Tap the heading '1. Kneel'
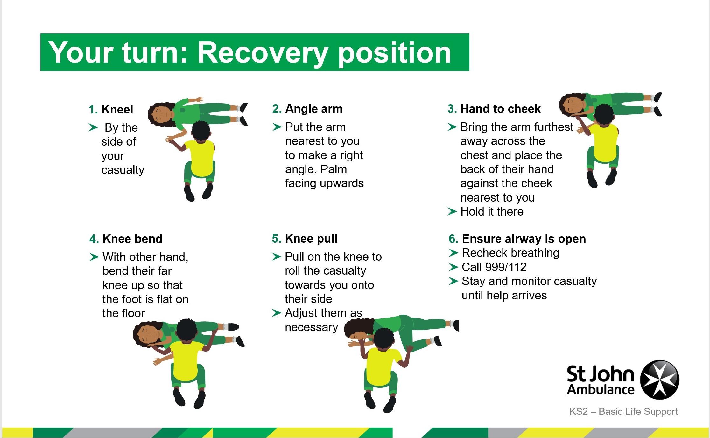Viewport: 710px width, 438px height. point(111,110)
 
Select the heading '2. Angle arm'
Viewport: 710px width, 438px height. point(307,109)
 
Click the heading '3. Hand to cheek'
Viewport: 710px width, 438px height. point(494,109)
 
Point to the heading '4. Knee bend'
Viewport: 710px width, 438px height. point(126,239)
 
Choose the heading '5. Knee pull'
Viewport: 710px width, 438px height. point(305,238)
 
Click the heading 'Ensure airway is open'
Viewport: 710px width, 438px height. point(524,239)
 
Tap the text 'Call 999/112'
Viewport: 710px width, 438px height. point(494,267)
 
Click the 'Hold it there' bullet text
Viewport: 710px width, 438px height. point(492,211)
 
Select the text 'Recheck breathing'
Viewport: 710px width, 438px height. point(510,253)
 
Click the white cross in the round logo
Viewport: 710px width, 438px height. point(660,380)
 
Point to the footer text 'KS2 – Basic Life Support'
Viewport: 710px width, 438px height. point(623,412)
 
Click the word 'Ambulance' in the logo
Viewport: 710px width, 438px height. point(601,390)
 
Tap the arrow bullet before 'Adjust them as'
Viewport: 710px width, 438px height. point(276,313)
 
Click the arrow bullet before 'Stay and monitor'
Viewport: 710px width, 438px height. point(453,281)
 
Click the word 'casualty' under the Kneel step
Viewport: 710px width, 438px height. point(123,170)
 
